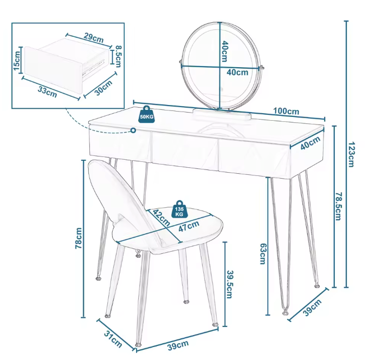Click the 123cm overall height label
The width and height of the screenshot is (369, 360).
click(351, 154)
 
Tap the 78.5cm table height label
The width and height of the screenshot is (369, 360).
click(338, 206)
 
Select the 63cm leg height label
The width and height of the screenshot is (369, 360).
click(263, 254)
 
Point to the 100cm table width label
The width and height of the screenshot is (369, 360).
click(286, 111)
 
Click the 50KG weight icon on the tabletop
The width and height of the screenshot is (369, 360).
click(147, 114)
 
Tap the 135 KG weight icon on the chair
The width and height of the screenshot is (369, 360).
click(179, 209)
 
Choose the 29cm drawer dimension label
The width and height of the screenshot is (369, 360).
click(94, 37)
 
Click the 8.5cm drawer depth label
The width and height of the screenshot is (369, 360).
click(118, 56)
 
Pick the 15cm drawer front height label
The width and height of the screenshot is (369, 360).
click(17, 61)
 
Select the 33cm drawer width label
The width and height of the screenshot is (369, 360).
click(48, 92)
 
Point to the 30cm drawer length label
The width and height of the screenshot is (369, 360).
click(103, 88)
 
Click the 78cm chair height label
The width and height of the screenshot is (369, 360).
click(79, 238)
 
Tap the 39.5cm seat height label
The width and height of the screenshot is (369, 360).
click(229, 284)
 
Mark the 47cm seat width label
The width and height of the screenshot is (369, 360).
click(189, 226)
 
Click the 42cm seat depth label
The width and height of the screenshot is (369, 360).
click(161, 218)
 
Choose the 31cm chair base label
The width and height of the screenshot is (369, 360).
click(113, 339)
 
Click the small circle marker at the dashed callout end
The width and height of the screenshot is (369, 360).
click(133, 130)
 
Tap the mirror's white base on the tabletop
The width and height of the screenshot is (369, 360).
click(222, 114)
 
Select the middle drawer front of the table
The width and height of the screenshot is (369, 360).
click(185, 150)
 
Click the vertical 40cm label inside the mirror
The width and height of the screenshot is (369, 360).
click(225, 51)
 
